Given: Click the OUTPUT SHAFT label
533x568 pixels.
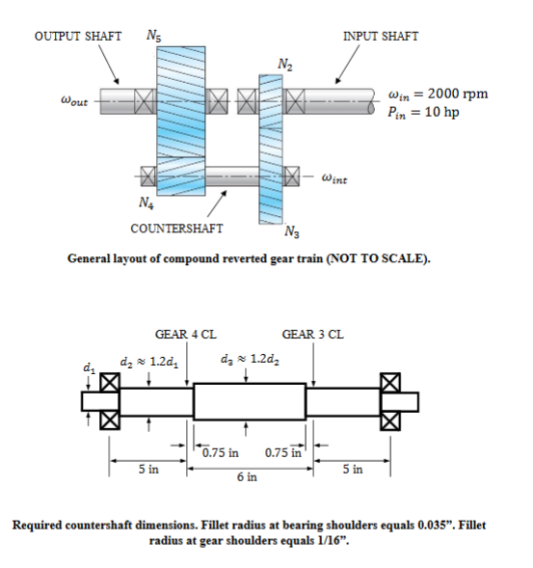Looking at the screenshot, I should click(77, 37).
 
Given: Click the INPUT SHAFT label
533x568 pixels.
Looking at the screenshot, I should click(380, 37).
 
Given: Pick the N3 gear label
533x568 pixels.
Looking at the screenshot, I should click(292, 230).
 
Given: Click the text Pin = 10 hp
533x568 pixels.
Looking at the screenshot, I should click(420, 112).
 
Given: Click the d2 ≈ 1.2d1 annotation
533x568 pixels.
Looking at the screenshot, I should click(147, 361).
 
